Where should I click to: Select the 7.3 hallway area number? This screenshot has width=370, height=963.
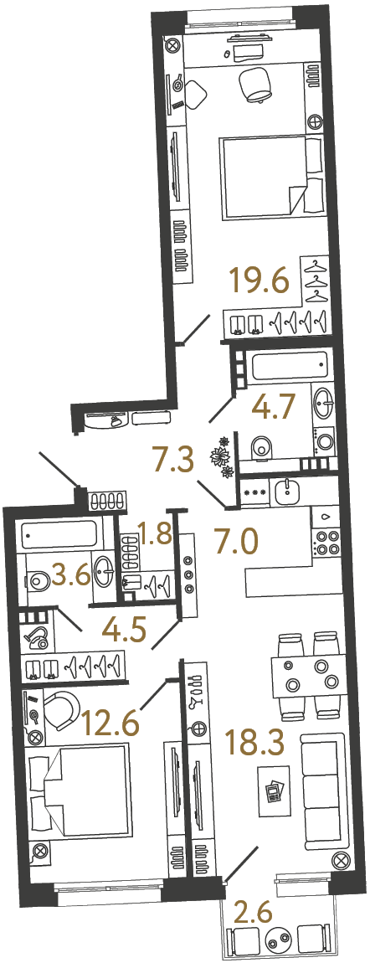point(178,459)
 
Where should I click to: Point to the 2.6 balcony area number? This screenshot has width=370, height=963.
point(252,910)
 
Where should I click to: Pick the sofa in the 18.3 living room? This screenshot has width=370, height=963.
point(322,790)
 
